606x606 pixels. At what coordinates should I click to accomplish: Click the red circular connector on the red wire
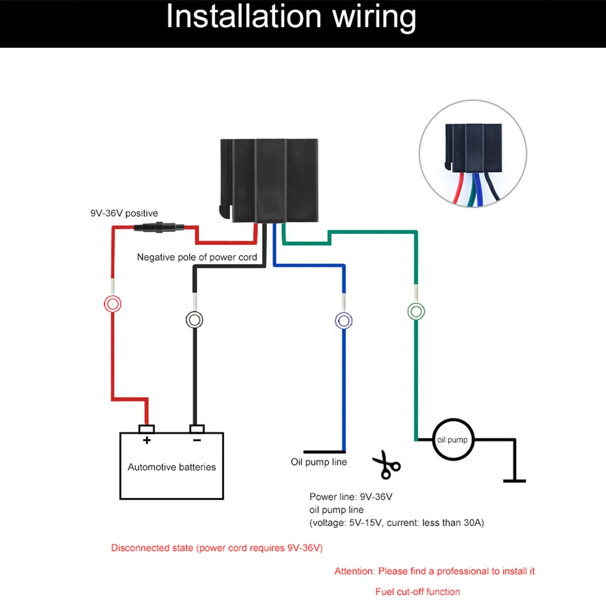click(x=112, y=304)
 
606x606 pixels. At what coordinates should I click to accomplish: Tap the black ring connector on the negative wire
click(x=194, y=319)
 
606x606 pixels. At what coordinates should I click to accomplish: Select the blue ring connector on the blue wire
click(x=344, y=320)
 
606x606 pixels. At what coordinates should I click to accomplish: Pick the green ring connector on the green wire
click(x=416, y=311)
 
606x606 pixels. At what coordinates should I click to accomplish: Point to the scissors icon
click(x=386, y=465)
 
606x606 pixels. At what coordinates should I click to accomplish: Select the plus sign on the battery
click(x=146, y=441)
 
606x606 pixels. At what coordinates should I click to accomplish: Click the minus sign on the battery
click(x=196, y=441)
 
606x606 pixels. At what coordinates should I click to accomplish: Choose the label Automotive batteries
click(x=171, y=467)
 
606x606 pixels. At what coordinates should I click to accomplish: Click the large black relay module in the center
click(x=268, y=181)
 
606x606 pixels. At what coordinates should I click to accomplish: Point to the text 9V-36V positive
click(x=124, y=213)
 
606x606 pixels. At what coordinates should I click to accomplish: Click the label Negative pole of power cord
click(x=197, y=257)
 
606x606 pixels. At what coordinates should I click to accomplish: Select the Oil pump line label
click(x=319, y=462)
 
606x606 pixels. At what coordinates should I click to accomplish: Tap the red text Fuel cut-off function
click(x=418, y=591)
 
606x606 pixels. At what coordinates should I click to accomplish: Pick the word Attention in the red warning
click(x=355, y=571)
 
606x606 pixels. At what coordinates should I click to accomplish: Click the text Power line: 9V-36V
click(x=351, y=497)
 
